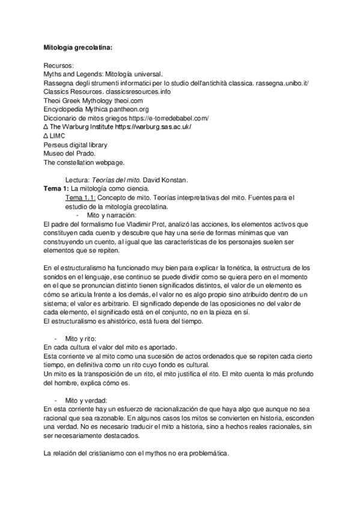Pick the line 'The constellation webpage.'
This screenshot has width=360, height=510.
coord(82,163)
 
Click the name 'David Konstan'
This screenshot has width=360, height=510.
coord(173,180)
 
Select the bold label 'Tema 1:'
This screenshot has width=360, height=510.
coord(56,189)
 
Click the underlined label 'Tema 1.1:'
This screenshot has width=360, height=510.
coord(81,197)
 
